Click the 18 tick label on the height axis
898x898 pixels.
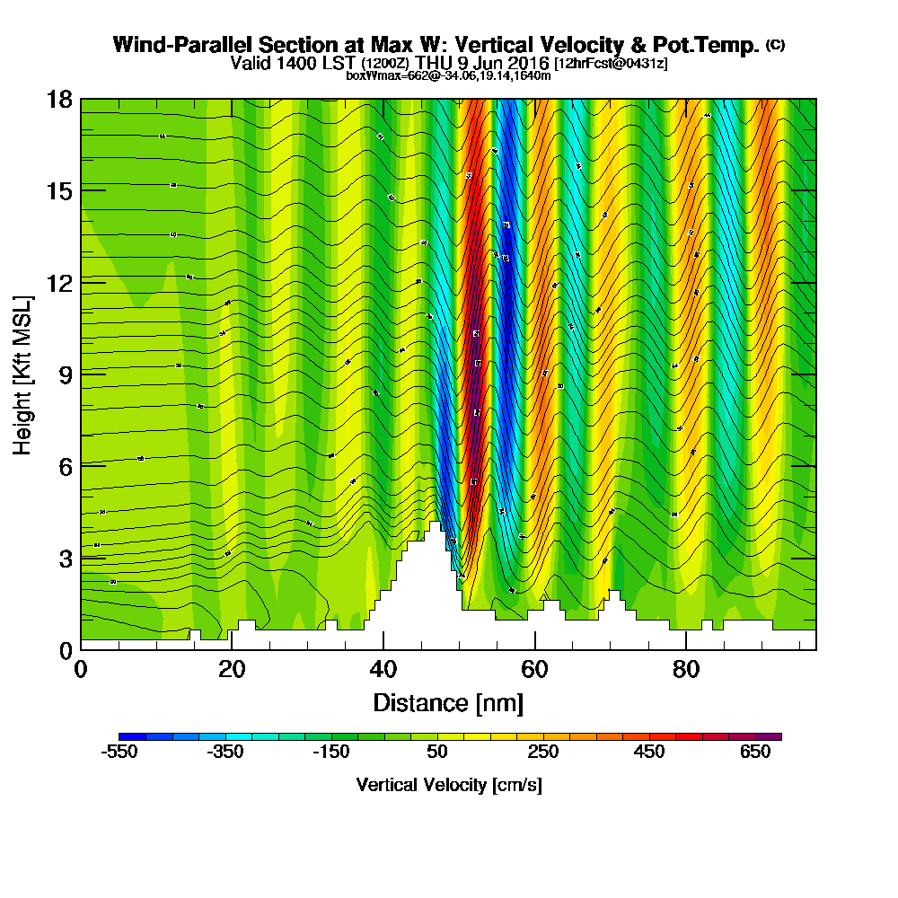59,99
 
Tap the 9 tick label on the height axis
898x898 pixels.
65,374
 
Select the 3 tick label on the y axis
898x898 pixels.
65,558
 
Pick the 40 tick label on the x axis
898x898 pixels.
383,670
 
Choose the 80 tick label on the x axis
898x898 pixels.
686,670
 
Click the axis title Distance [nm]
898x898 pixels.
448,702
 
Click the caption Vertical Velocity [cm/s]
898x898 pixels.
448,785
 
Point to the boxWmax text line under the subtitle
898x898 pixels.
448,75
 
